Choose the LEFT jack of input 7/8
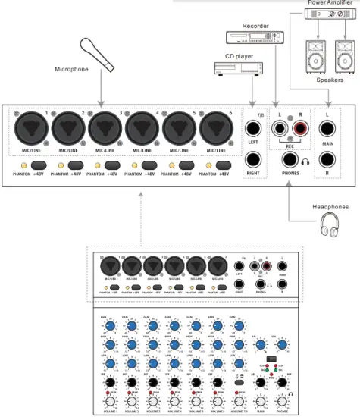point(253,126)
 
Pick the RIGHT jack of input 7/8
point(253,160)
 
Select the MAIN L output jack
point(327,126)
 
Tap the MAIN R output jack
point(327,160)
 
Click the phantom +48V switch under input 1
point(38,164)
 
